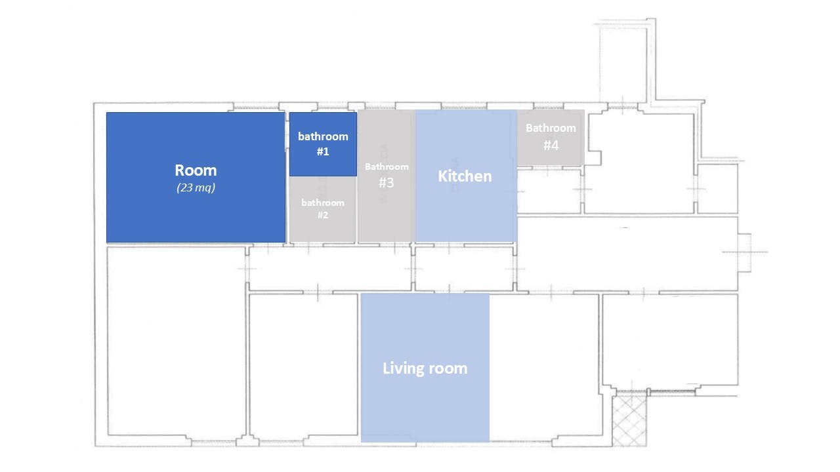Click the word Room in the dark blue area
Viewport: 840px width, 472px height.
(196, 170)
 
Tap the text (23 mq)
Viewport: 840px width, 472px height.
(196, 188)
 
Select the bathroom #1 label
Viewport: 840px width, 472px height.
(323, 144)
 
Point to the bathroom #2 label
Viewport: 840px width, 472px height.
(323, 208)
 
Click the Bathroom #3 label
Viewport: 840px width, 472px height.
(387, 175)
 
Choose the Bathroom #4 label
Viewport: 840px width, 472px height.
(551, 136)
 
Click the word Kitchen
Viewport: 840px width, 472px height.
(465, 176)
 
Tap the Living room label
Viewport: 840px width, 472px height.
(425, 368)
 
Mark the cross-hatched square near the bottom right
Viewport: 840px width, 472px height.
(629, 420)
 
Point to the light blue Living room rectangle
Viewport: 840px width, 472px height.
(425, 406)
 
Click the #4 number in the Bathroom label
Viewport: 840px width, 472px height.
(551, 145)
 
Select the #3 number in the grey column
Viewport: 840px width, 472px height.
(387, 183)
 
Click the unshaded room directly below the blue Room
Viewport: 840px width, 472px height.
(176, 341)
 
